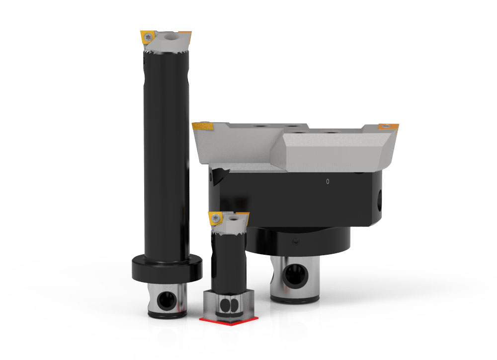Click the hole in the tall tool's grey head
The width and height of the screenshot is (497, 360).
(171, 36)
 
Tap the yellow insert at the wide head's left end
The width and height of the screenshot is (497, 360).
(204, 128)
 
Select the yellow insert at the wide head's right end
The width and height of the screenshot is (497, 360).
(389, 127)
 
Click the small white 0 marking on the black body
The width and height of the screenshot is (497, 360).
(327, 182)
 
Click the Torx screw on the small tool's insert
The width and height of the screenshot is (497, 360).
(216, 218)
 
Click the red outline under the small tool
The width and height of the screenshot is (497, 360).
(226, 320)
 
